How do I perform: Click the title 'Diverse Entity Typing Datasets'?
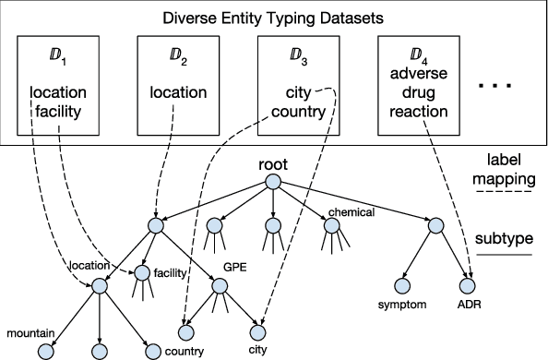tap(272, 18)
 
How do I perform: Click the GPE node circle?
tap(220, 286)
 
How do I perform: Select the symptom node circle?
tap(404, 285)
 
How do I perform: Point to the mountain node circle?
tap(45, 351)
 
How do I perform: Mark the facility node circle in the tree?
tap(143, 273)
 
